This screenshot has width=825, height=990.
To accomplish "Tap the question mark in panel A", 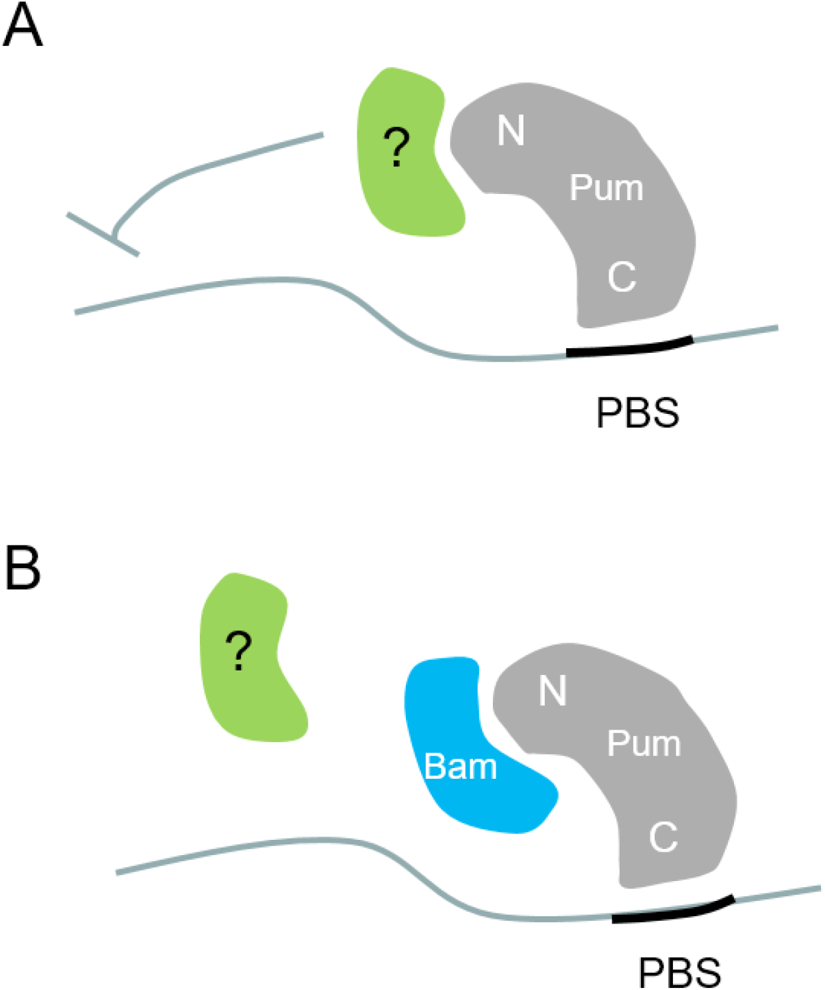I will click(397, 148).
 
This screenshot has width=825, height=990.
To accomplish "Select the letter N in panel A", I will click(511, 130).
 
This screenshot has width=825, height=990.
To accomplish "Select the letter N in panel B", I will click(553, 691).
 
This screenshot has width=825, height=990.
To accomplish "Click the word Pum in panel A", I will click(606, 188).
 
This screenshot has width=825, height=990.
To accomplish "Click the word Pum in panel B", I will click(644, 743).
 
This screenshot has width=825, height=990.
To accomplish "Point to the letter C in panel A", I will click(622, 276).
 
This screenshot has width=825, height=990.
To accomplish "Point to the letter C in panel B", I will click(663, 837).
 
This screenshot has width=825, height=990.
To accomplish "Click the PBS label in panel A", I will click(638, 413).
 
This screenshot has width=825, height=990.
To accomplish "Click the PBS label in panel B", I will click(679, 973).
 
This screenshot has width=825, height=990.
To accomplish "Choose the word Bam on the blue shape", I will click(460, 767).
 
